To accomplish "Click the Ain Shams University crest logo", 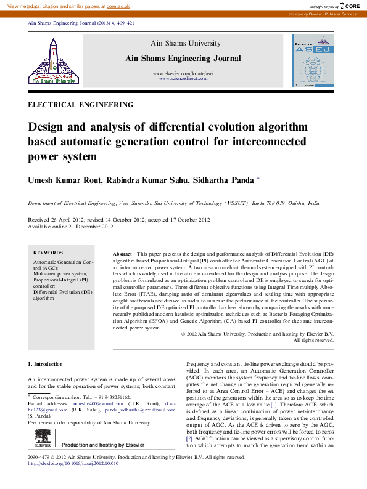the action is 52,60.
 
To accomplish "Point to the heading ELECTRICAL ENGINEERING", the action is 80,105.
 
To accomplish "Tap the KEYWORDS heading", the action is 47,253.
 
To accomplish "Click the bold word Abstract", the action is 122,254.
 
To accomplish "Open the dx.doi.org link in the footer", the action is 73,463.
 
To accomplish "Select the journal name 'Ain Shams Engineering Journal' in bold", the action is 183,58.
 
